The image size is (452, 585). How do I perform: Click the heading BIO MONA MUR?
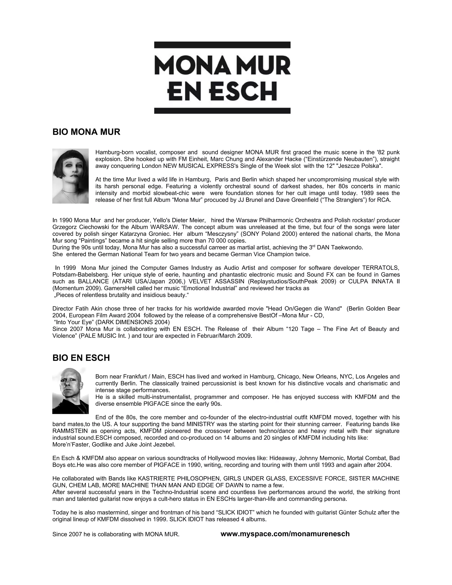pos(86,132)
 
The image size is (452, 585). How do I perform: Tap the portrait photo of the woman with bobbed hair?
pos(70,176)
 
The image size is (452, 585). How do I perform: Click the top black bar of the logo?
pos(222,45)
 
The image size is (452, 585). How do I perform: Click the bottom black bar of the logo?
pos(222,111)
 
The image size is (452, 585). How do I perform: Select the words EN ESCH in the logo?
pos(222,91)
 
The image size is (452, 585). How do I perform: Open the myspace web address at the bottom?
pos(285,534)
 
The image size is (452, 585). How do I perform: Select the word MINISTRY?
pos(201,424)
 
